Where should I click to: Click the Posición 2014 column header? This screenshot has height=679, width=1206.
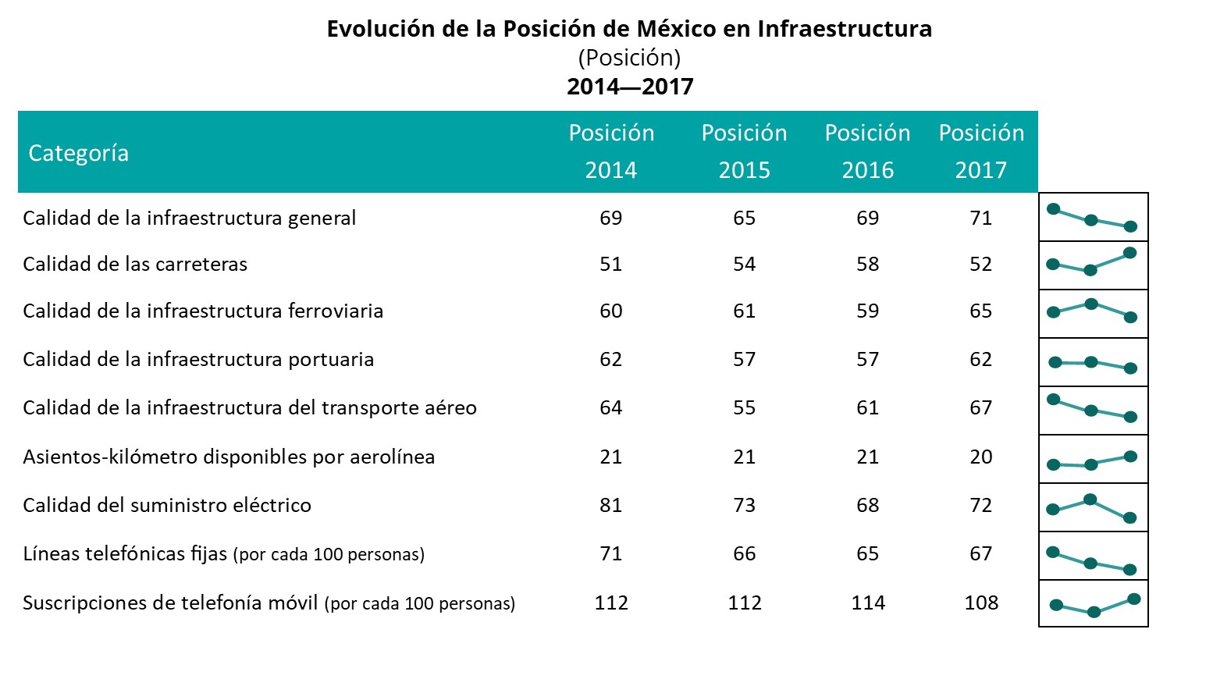point(611,151)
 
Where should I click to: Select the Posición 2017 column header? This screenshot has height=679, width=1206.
point(981,151)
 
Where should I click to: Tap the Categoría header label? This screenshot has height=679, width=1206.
point(79,153)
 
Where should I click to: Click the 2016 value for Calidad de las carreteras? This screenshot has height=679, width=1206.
point(867,265)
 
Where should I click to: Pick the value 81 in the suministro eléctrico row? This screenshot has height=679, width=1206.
point(610,506)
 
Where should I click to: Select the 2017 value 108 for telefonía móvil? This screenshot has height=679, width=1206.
point(981,603)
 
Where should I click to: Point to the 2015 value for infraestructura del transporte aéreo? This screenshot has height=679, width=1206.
point(744,408)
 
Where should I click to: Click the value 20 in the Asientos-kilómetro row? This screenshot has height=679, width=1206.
point(981,457)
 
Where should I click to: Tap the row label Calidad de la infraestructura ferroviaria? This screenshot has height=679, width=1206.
point(203,311)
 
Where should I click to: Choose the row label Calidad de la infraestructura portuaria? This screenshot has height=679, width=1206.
point(198,360)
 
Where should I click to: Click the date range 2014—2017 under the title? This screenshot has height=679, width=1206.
point(630,87)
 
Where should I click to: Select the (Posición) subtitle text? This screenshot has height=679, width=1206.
point(629,58)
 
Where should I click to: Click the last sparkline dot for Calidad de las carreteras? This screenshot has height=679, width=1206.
point(1130,253)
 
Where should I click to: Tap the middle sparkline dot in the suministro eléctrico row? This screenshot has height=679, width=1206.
point(1091,499)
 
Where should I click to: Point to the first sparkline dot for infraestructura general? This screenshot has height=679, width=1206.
point(1053,209)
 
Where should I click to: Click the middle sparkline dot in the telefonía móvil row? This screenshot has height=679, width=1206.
point(1094,613)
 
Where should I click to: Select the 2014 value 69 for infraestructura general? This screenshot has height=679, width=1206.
point(610,219)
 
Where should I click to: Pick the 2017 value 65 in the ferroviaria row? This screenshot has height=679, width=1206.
point(981,311)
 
